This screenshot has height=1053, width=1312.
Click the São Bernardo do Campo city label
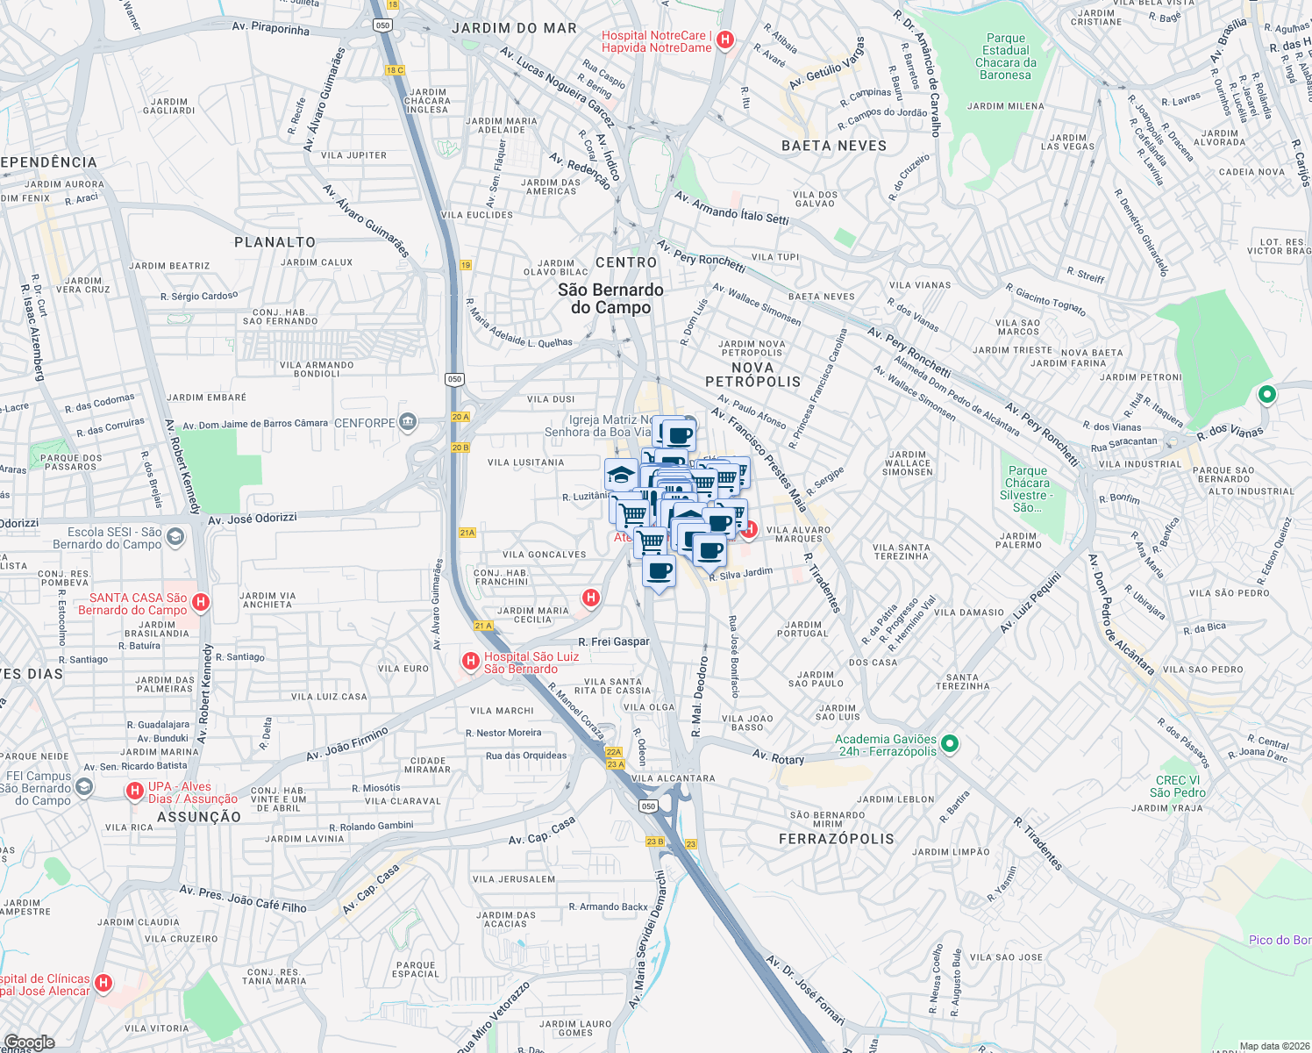click(610, 298)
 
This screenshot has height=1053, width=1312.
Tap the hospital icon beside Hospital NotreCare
click(725, 39)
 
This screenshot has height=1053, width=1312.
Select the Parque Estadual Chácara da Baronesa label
click(1005, 57)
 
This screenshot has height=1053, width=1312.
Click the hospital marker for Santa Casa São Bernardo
click(201, 602)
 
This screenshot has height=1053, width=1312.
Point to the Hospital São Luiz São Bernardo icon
click(471, 661)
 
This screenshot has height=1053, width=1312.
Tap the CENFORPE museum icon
click(408, 423)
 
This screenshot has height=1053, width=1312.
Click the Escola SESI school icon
click(175, 537)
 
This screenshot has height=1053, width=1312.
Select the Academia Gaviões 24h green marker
click(949, 745)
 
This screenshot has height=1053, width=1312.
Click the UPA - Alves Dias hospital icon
click(135, 791)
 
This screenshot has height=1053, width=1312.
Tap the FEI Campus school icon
click(84, 787)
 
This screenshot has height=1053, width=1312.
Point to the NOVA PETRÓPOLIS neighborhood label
click(752, 375)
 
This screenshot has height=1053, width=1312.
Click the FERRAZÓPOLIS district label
click(837, 839)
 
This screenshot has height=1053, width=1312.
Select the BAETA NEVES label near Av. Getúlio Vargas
click(834, 146)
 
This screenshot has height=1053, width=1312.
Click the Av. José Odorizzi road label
click(253, 519)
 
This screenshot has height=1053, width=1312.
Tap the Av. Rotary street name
click(778, 756)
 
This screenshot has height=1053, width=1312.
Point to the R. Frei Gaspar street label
click(614, 641)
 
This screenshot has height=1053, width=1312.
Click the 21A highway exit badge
click(467, 533)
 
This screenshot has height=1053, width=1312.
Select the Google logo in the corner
click(29, 1042)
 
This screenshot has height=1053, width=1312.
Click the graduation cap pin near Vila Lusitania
click(621, 475)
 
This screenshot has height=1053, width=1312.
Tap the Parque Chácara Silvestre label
click(1027, 489)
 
